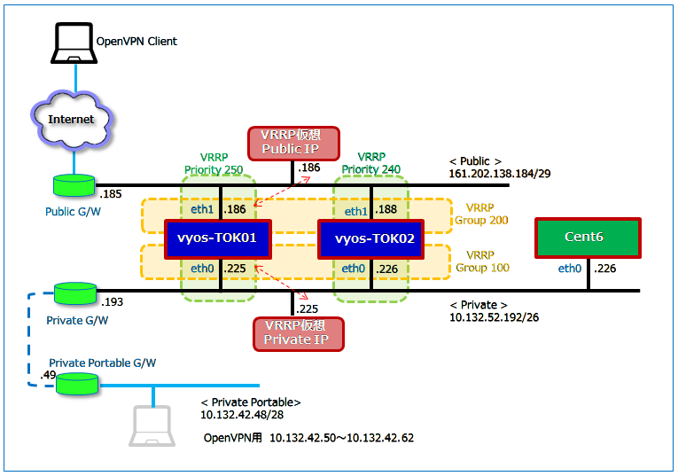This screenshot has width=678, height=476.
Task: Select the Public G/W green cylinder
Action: (x=74, y=185)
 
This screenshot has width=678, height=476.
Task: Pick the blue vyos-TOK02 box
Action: (x=370, y=239)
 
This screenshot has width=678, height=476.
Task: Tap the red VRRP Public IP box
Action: (x=293, y=143)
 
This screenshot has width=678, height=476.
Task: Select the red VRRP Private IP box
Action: (x=298, y=333)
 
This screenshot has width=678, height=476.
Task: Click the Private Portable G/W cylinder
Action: (x=74, y=383)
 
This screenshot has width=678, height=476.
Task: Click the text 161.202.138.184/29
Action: (x=500, y=175)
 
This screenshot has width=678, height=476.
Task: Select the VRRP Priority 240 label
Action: (x=371, y=163)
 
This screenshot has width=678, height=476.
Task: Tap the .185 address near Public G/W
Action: (x=111, y=193)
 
